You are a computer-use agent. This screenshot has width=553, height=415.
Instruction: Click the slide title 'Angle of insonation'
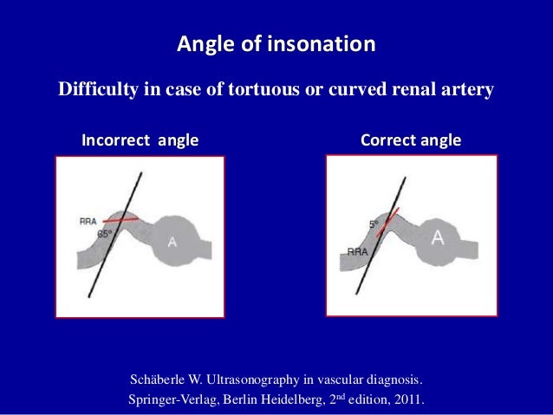point(276,43)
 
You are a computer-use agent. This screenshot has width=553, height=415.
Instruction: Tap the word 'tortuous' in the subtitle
point(252,89)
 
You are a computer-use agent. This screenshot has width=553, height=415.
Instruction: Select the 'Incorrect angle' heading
point(140,140)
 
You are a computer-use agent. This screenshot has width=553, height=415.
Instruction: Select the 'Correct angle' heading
point(410,140)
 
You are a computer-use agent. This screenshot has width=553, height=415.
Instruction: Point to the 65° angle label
point(104,234)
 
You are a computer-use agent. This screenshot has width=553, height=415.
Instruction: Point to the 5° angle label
point(374,224)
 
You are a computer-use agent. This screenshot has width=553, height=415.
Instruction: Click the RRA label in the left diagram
point(88,221)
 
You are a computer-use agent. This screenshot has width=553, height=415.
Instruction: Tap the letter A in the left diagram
point(172,243)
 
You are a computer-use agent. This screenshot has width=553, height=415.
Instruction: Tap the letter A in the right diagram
point(439,237)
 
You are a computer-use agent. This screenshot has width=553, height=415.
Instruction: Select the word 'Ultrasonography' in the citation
point(263,380)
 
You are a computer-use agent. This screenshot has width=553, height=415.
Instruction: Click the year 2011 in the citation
point(409,400)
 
